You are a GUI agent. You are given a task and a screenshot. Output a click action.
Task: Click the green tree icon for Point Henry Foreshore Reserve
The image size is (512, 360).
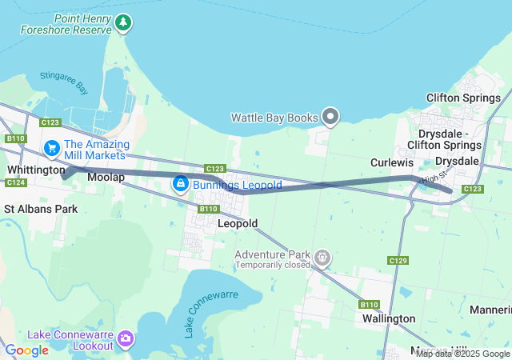coord(122,22)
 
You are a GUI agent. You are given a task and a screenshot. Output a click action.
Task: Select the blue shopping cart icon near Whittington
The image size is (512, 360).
coord(52,148)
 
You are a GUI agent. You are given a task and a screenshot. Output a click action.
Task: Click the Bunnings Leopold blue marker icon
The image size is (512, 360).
coord(181,185)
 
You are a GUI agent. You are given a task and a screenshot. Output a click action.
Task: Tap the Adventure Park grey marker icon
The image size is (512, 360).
coord(323,258)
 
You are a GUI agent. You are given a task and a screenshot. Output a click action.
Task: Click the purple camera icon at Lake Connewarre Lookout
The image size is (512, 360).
coord(126,339)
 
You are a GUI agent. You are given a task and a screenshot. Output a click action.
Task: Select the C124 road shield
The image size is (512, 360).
coord(16,183)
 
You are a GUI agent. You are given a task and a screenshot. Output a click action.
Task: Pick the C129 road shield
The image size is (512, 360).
coord(398,261)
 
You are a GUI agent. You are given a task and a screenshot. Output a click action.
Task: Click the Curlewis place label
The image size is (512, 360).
coord(392,162)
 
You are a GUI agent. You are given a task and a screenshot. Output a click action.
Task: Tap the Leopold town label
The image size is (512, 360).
coord(238,224)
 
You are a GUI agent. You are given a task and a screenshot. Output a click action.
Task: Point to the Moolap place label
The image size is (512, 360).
coord(106,177)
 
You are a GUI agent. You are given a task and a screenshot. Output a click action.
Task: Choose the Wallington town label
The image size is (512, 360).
coord(388,318)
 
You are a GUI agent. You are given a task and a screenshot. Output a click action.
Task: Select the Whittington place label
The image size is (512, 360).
coord(36,170)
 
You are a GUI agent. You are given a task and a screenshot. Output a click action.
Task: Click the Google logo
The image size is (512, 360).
coord(26,350)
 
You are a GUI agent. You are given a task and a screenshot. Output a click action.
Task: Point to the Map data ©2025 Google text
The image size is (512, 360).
coord(462,354)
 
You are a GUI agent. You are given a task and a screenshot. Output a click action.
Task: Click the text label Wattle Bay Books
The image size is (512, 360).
coord(274,118)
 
